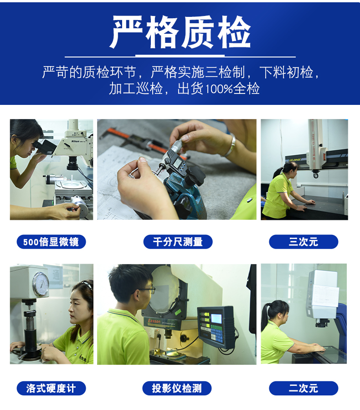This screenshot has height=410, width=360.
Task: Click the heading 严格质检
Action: tap(180, 32)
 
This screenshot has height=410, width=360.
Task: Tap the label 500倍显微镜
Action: tap(51, 242)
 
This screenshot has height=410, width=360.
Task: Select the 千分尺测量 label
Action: tap(178, 242)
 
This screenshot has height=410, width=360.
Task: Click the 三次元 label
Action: tap(303, 242)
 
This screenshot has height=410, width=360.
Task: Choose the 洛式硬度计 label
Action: tap(51, 388)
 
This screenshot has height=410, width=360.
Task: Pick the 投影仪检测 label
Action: tap(177, 388)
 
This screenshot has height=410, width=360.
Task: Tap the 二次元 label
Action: tap(303, 388)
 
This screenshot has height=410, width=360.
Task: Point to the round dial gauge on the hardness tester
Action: tap(41, 284)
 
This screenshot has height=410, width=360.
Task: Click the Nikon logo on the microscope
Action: tap(75, 141)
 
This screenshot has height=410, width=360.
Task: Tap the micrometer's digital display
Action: tap(177, 162)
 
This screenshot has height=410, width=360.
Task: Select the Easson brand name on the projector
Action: tap(154, 321)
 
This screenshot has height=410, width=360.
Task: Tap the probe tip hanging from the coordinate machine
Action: tap(316, 174)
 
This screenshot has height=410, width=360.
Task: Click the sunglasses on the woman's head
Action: tap(87, 284)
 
